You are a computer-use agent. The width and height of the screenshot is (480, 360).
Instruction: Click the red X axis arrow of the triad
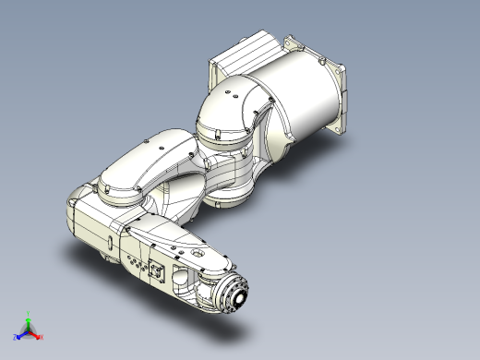pyautogui.click(x=35, y=332)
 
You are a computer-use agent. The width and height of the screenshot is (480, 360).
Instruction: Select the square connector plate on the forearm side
pyautogui.click(x=158, y=272)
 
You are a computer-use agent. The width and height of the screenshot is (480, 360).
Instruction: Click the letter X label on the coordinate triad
pyautogui.click(x=40, y=336)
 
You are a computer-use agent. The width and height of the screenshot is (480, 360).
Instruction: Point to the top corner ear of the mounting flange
pyautogui.click(x=294, y=42)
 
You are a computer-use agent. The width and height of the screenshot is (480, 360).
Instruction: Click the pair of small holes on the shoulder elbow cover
pyautogui.click(x=238, y=93)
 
